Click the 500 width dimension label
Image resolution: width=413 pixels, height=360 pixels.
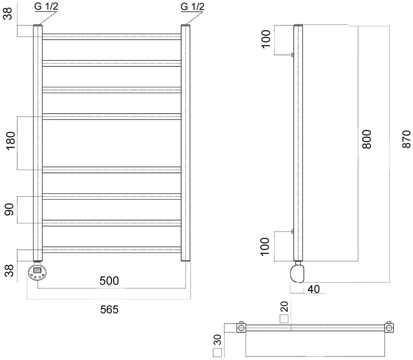[x=109, y=281]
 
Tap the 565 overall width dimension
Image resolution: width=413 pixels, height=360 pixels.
[x=109, y=310]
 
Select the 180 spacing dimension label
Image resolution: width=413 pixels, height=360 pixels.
[x=11, y=141]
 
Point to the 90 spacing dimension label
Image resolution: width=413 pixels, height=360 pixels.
[x=9, y=209]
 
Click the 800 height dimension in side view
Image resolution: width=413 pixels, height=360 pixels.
[x=367, y=139]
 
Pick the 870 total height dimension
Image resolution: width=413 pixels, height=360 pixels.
[x=406, y=139]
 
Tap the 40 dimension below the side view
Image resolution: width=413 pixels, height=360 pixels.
[x=313, y=289]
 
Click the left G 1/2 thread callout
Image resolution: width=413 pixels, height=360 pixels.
[x=46, y=6]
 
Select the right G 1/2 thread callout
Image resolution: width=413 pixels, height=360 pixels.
[x=192, y=6]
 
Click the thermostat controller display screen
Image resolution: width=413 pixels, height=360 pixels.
[x=37, y=270]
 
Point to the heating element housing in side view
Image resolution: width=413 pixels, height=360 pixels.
[x=297, y=274]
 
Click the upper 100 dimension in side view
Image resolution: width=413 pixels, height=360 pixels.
[x=266, y=39]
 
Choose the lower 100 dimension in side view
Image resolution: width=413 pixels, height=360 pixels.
[x=265, y=246]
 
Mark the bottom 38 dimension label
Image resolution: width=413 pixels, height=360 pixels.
[x=9, y=270]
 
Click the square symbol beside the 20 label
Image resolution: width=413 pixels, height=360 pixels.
[x=284, y=319]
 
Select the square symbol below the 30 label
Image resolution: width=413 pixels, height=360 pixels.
[x=218, y=353]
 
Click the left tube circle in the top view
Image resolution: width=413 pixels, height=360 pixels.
[x=241, y=328]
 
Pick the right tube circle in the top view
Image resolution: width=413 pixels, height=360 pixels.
[x=389, y=328]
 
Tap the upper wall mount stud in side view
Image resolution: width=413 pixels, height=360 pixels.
[x=292, y=55]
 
